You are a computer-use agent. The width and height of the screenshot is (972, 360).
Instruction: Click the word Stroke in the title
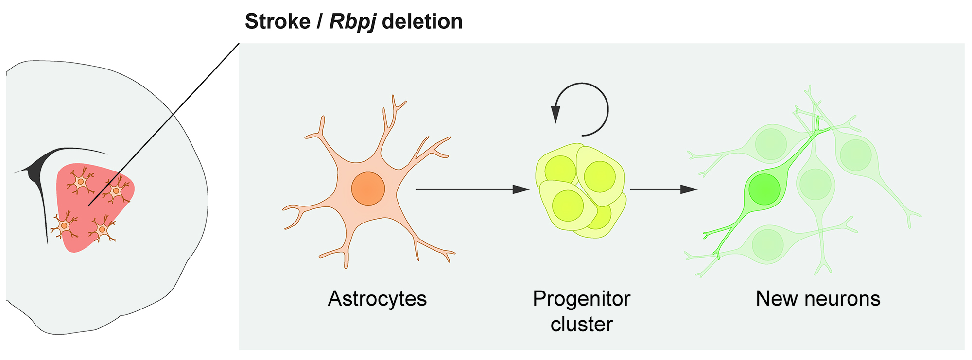coord(277,22)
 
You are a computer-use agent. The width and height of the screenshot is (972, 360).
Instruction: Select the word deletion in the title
coord(422,22)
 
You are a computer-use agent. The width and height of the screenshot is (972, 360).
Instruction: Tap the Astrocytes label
coord(377,298)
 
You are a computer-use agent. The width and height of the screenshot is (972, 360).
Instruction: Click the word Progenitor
coord(581,298)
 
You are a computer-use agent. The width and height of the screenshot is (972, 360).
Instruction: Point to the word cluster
coord(581,324)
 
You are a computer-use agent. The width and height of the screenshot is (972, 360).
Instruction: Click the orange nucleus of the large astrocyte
coord(368,189)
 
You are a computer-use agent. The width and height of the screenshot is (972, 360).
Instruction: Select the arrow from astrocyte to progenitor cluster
coord(471,189)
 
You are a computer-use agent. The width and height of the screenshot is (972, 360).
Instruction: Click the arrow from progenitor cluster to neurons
coord(663,189)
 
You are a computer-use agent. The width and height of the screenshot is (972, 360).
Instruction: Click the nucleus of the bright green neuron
coord(764,189)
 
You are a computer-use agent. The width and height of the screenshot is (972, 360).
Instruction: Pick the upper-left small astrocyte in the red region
coord(80,181)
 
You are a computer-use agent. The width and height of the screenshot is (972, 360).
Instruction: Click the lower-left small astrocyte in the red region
coord(64,226)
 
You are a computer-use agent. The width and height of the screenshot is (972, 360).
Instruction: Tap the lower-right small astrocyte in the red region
coord(102,229)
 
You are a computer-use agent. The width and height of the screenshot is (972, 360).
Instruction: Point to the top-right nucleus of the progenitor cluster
coord(600,176)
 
